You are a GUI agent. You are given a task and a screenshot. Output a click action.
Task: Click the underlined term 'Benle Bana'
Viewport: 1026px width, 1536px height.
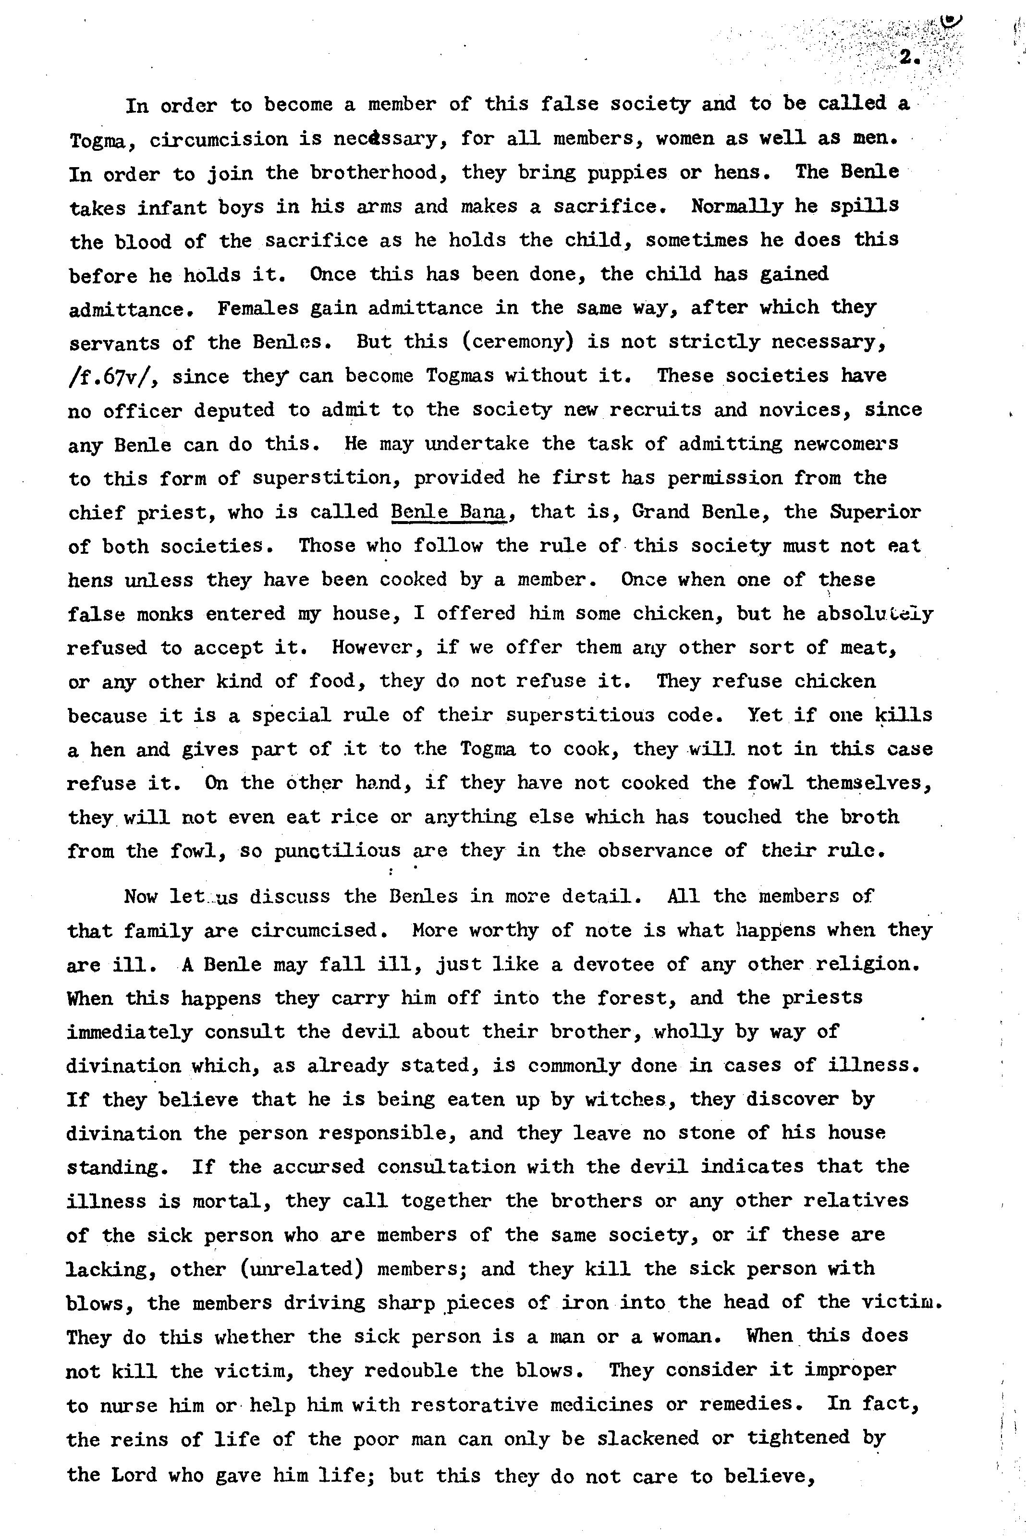[449, 511]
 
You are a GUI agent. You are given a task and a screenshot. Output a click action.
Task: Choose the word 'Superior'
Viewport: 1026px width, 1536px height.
[875, 511]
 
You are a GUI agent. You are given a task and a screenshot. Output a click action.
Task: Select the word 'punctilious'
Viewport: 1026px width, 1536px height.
[338, 851]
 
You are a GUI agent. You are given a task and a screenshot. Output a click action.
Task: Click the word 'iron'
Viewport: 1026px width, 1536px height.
[585, 1303]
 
